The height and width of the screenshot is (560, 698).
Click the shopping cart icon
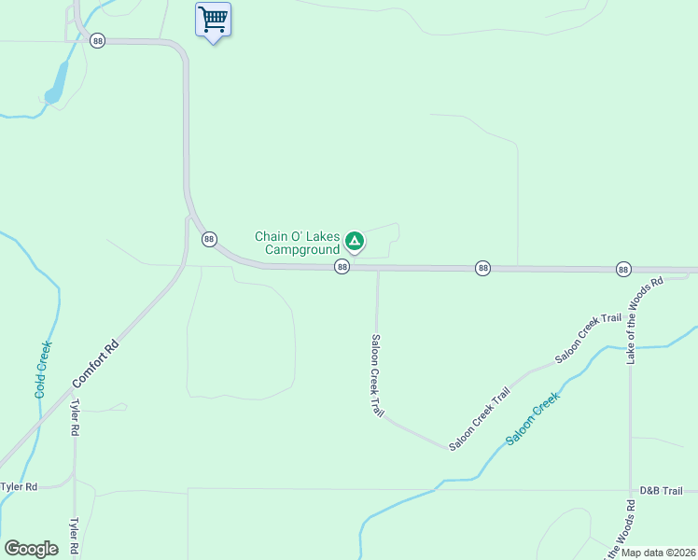(213, 19)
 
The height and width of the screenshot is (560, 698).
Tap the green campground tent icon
(355, 241)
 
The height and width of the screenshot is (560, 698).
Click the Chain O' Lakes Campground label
(298, 243)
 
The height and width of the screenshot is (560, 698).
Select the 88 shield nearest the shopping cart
(98, 41)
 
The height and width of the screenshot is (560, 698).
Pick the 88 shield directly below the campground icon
(342, 268)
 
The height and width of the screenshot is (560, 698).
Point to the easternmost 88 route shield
(623, 269)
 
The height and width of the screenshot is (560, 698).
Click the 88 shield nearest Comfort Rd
(209, 239)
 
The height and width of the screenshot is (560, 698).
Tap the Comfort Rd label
(96, 364)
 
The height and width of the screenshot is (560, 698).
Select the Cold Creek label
(43, 370)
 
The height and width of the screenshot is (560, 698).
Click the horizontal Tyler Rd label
(19, 487)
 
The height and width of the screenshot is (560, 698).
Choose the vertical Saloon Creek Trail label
(377, 375)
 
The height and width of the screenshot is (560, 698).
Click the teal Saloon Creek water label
(533, 417)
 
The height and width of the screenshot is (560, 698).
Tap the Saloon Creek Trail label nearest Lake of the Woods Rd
(588, 338)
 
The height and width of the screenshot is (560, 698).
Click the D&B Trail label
(662, 491)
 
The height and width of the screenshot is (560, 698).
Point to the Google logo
(32, 549)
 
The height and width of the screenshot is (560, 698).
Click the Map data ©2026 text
(658, 553)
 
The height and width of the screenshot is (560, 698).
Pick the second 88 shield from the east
(482, 268)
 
